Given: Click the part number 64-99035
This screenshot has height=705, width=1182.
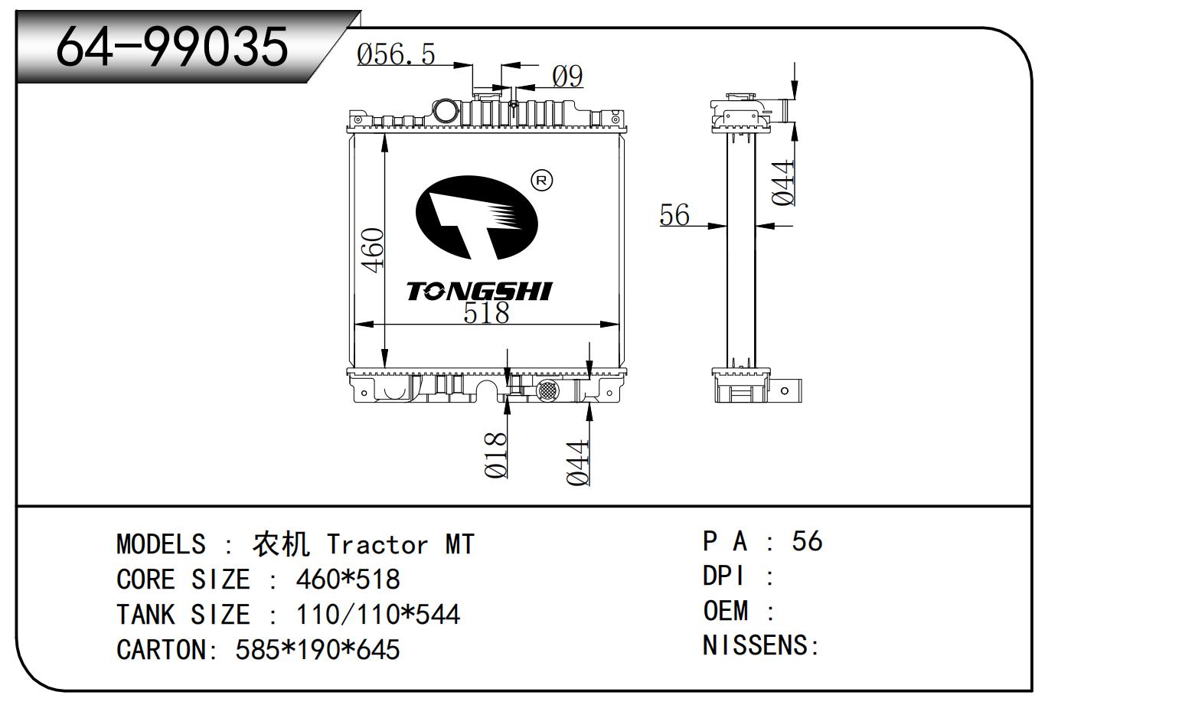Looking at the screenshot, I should tap(172, 46).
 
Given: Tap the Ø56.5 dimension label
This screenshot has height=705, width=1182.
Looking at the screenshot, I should tap(396, 54).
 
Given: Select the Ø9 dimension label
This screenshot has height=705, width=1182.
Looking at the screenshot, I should tap(567, 76).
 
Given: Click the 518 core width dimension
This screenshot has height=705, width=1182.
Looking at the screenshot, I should tap(486, 313).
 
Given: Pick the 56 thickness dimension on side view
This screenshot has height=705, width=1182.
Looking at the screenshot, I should tap(674, 215).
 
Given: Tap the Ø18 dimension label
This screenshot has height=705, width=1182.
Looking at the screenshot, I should tap(496, 455).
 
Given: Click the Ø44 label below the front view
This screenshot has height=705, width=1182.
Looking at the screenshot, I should tap(578, 463).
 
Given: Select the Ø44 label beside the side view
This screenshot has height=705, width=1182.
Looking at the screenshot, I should tap(782, 183).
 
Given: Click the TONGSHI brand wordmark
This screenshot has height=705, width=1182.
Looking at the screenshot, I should tap(478, 291).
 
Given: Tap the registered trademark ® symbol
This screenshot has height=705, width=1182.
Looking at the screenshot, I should tap(541, 181).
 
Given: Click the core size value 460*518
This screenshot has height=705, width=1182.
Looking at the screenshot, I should tap(348, 579).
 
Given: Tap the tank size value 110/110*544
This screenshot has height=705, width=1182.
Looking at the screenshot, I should tap(377, 615).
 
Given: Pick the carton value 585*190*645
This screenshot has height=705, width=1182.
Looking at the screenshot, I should tap(318, 650).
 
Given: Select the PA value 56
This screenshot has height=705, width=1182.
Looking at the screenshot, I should tap(807, 541).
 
